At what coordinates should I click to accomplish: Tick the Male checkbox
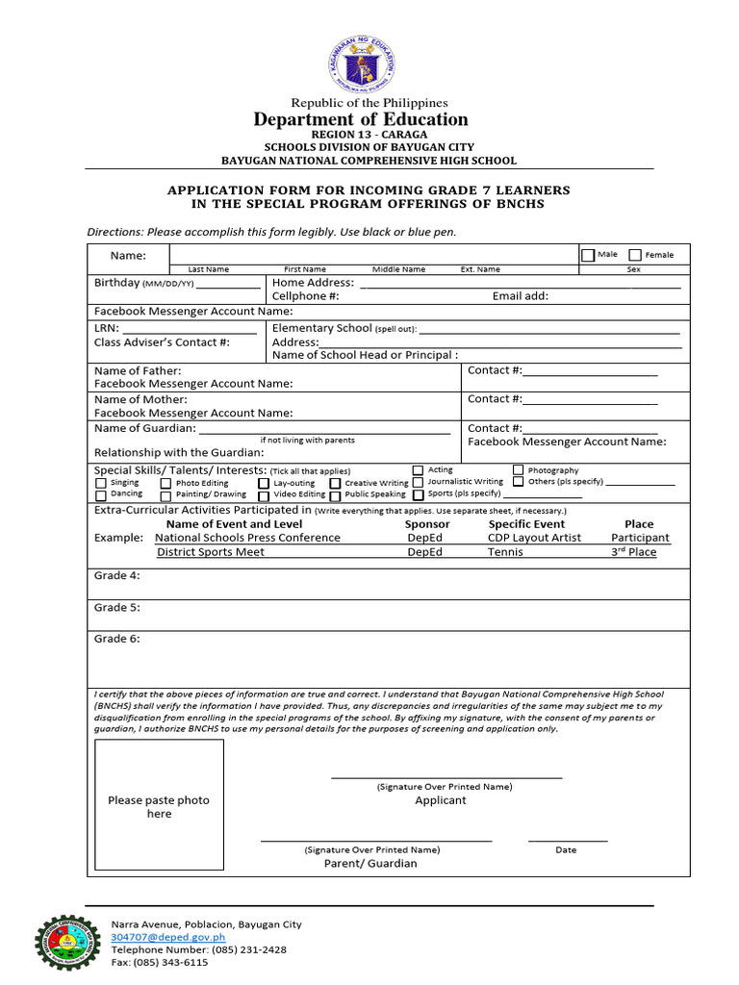click(x=587, y=255)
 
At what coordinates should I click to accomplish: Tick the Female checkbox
click(x=635, y=255)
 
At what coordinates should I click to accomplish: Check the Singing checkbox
click(x=101, y=483)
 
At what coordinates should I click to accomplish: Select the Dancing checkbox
click(x=101, y=494)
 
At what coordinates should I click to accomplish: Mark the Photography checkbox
click(x=519, y=470)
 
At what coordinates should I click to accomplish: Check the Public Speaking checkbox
click(x=336, y=495)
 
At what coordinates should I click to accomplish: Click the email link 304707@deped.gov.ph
click(x=167, y=936)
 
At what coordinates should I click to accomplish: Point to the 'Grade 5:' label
click(x=116, y=608)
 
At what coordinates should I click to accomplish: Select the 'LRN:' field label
click(x=106, y=328)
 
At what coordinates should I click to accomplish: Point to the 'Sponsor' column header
click(x=427, y=524)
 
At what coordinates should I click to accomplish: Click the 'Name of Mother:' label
click(x=140, y=399)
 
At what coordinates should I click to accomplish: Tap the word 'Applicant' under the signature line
click(x=440, y=800)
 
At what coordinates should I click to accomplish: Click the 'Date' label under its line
click(x=566, y=850)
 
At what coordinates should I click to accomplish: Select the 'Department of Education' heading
click(x=361, y=119)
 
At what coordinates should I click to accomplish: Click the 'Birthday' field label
click(x=116, y=283)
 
